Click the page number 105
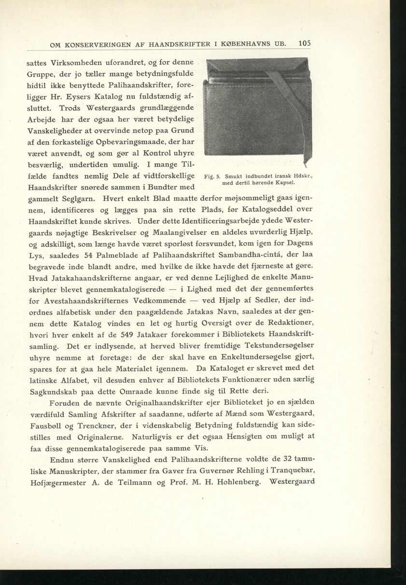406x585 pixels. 304,43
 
